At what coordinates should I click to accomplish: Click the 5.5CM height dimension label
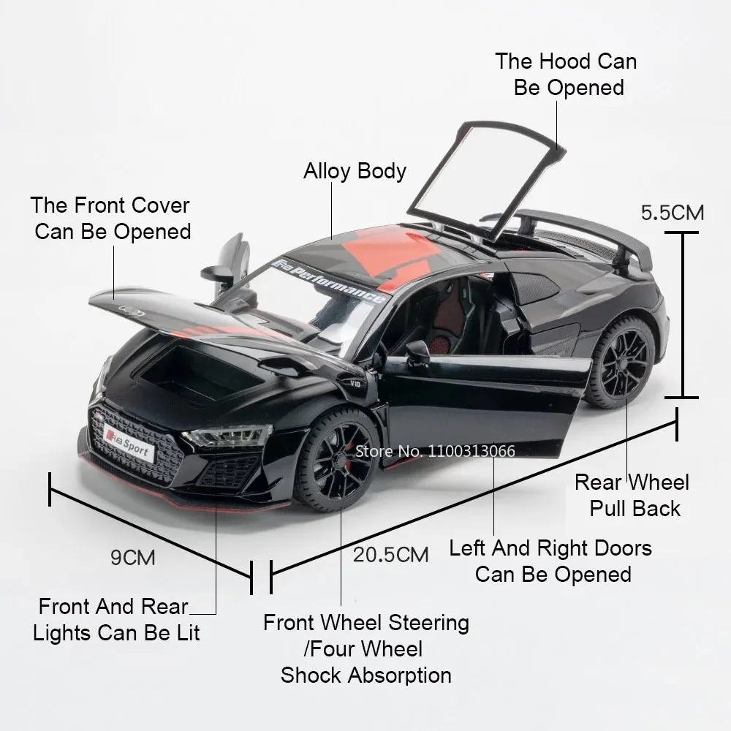click(673, 213)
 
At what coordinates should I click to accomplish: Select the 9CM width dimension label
click(133, 557)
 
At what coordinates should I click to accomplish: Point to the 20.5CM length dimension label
click(391, 554)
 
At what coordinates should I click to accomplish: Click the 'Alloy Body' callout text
click(355, 171)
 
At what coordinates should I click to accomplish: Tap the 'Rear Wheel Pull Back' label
click(632, 495)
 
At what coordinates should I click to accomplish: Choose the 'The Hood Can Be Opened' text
click(567, 74)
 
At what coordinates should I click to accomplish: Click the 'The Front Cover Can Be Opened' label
click(110, 218)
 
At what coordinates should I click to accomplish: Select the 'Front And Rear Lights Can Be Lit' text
click(116, 619)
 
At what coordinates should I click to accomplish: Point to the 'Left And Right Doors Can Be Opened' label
click(550, 561)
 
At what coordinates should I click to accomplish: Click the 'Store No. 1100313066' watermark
click(435, 450)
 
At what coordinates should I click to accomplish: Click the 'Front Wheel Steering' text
click(366, 623)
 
